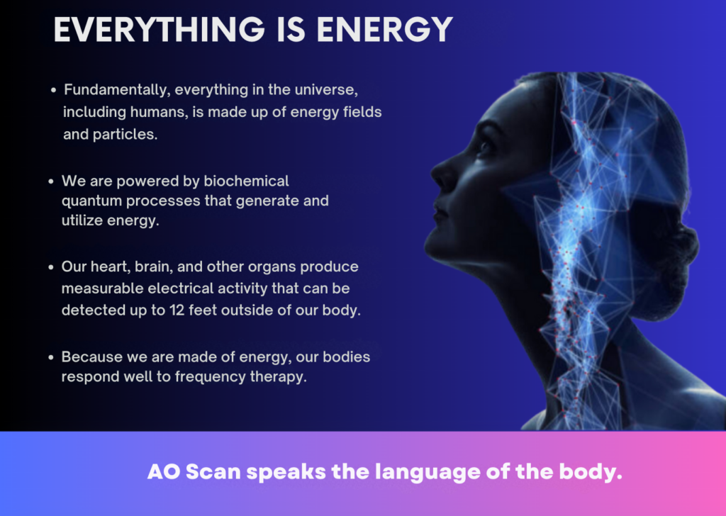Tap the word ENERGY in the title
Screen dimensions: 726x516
[385, 30]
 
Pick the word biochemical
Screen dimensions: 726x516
[246, 181]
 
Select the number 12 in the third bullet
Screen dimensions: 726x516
[177, 310]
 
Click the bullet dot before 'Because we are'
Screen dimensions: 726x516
[51, 357]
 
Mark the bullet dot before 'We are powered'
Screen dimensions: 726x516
[51, 181]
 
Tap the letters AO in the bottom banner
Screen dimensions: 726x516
[164, 472]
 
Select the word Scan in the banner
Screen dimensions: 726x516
[213, 472]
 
